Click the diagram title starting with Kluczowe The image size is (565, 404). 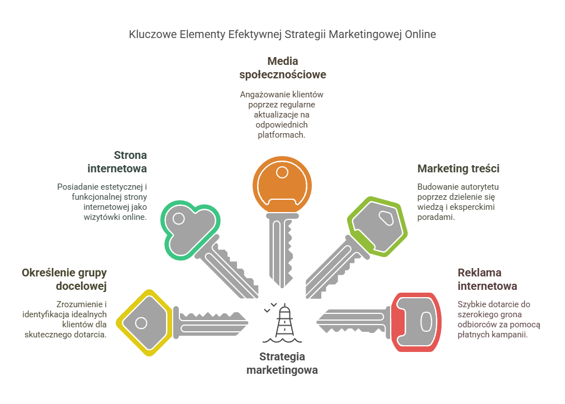point(282,34)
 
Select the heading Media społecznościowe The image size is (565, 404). point(282,67)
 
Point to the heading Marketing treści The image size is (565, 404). point(458,168)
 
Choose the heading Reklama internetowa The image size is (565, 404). point(487,279)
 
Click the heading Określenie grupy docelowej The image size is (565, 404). point(64,279)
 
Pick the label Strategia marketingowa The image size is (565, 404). point(282,363)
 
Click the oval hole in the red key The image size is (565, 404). point(425,321)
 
